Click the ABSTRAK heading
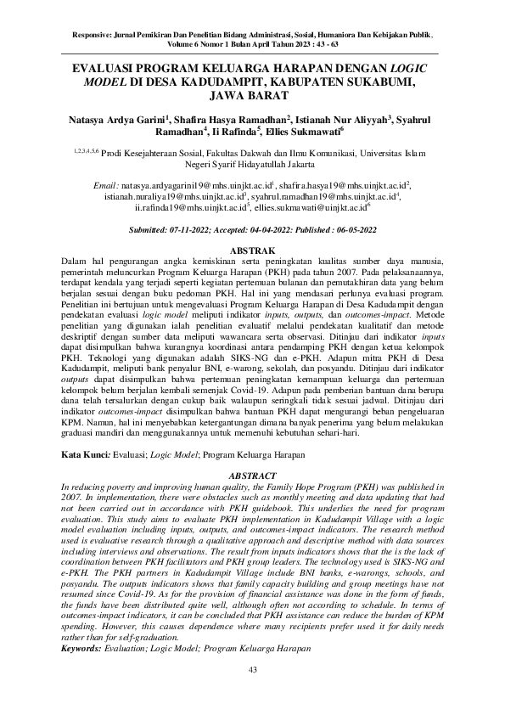[252, 251]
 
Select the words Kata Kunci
[88, 455]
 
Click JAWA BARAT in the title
[252, 97]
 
